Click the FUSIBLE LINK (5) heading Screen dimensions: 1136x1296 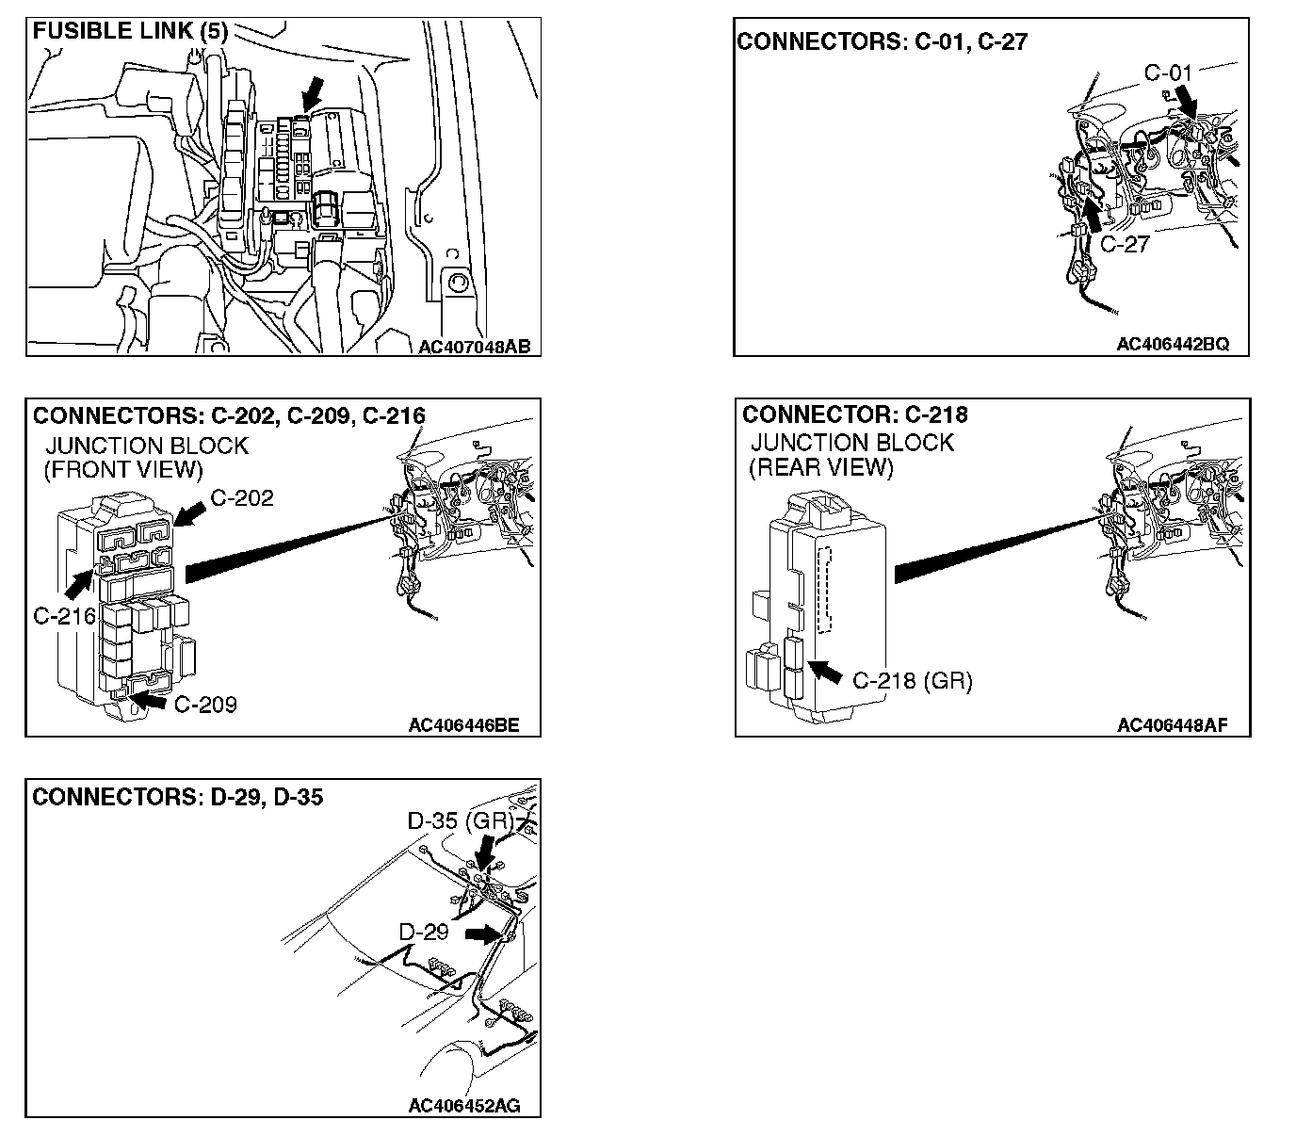[x=130, y=31]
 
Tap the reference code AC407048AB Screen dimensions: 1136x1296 [x=475, y=347]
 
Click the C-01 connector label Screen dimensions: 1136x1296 [x=1168, y=73]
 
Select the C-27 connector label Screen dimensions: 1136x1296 [x=1125, y=244]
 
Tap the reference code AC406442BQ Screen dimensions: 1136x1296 [x=1173, y=344]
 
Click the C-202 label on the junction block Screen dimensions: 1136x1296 [x=242, y=498]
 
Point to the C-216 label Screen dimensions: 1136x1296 [x=64, y=616]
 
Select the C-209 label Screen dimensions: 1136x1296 [x=205, y=704]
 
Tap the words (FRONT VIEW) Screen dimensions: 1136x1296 [x=123, y=469]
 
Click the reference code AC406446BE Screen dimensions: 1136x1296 [x=463, y=725]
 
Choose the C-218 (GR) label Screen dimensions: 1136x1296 [x=912, y=680]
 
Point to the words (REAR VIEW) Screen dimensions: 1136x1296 [x=820, y=466]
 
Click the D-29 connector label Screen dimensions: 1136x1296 [x=424, y=933]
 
